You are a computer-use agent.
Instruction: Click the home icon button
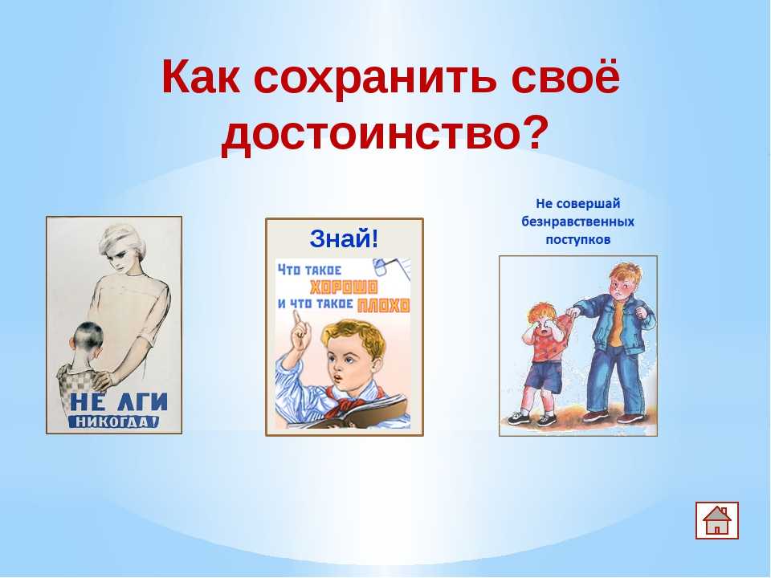[717, 520]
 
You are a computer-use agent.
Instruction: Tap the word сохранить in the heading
[375, 77]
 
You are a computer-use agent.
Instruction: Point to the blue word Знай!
[345, 239]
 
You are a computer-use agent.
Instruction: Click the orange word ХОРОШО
[344, 287]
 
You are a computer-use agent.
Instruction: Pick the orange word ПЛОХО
[384, 305]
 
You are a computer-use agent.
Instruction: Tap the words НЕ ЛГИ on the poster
[119, 402]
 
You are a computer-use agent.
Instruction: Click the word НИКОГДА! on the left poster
[114, 421]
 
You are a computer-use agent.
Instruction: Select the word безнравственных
[577, 222]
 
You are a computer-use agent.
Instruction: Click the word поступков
[577, 240]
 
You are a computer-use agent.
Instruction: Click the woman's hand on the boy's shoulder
[102, 378]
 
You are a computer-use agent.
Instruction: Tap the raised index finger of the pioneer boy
[296, 320]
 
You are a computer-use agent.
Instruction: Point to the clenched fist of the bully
[641, 312]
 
